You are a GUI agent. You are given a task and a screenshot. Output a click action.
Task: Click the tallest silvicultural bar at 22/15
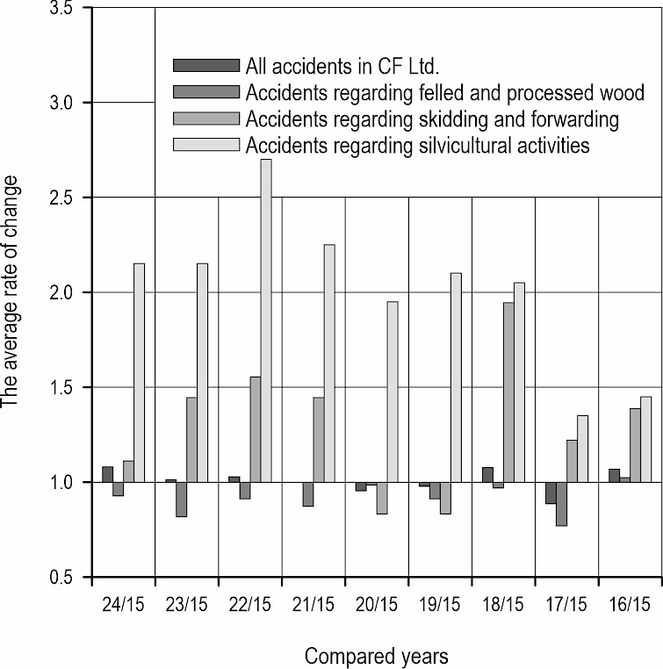[x=265, y=320]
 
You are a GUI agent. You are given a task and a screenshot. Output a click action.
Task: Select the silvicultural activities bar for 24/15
[x=139, y=372]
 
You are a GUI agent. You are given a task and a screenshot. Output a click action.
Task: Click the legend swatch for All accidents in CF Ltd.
[x=206, y=66]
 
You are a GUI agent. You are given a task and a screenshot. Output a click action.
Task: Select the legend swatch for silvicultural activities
[x=206, y=144]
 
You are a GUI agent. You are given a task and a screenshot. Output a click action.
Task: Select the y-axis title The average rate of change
[x=12, y=292]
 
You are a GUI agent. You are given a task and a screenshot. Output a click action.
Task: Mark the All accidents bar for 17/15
[x=551, y=493]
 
